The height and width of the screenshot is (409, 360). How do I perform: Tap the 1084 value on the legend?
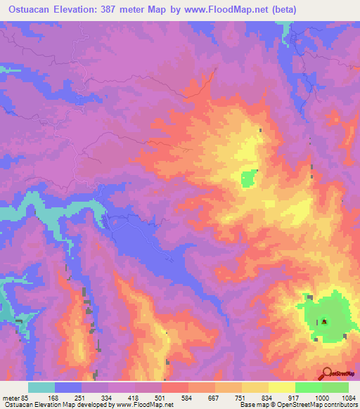[x=347, y=397]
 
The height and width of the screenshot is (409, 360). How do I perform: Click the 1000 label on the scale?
[x=321, y=397]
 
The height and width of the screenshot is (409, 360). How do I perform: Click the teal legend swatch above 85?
[x=41, y=387]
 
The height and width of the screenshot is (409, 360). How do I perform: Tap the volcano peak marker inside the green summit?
[x=325, y=322]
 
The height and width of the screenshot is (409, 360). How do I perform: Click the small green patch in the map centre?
[x=248, y=179]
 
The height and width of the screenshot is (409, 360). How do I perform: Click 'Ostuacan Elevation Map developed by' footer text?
[x=50, y=405]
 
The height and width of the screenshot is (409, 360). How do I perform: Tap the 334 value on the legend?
[x=108, y=397]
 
